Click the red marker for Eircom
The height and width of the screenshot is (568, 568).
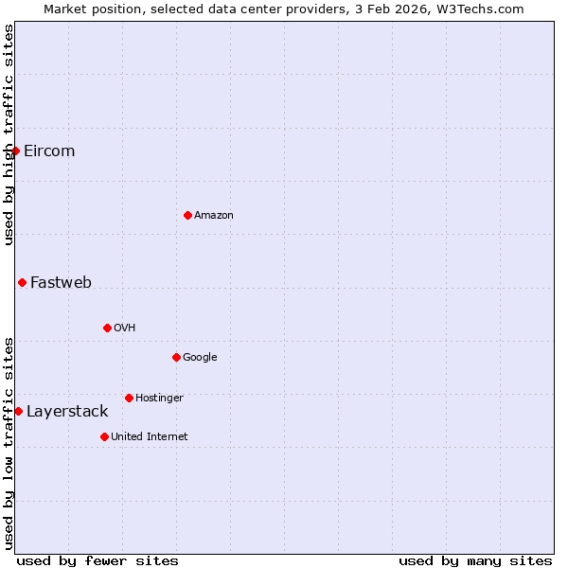click(15, 151)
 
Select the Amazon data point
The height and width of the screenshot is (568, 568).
click(187, 215)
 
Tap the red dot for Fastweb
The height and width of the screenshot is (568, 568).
click(22, 282)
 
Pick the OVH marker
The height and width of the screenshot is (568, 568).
click(107, 328)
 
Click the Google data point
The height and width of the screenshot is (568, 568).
click(176, 357)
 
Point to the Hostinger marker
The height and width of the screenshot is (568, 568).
click(129, 398)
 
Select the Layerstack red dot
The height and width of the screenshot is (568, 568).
click(18, 411)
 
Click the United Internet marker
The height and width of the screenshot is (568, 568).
click(104, 436)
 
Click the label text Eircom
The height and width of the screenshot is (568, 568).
click(49, 151)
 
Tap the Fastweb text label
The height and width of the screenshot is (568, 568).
click(61, 283)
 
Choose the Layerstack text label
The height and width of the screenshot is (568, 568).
click(67, 412)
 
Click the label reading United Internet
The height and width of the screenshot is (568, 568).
click(149, 436)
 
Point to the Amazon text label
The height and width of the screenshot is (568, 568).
click(214, 216)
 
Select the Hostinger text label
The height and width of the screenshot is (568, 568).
click(159, 399)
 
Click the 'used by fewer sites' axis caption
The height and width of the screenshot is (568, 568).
click(98, 560)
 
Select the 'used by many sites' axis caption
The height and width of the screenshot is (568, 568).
click(475, 560)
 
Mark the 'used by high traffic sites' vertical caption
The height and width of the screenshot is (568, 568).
click(9, 134)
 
